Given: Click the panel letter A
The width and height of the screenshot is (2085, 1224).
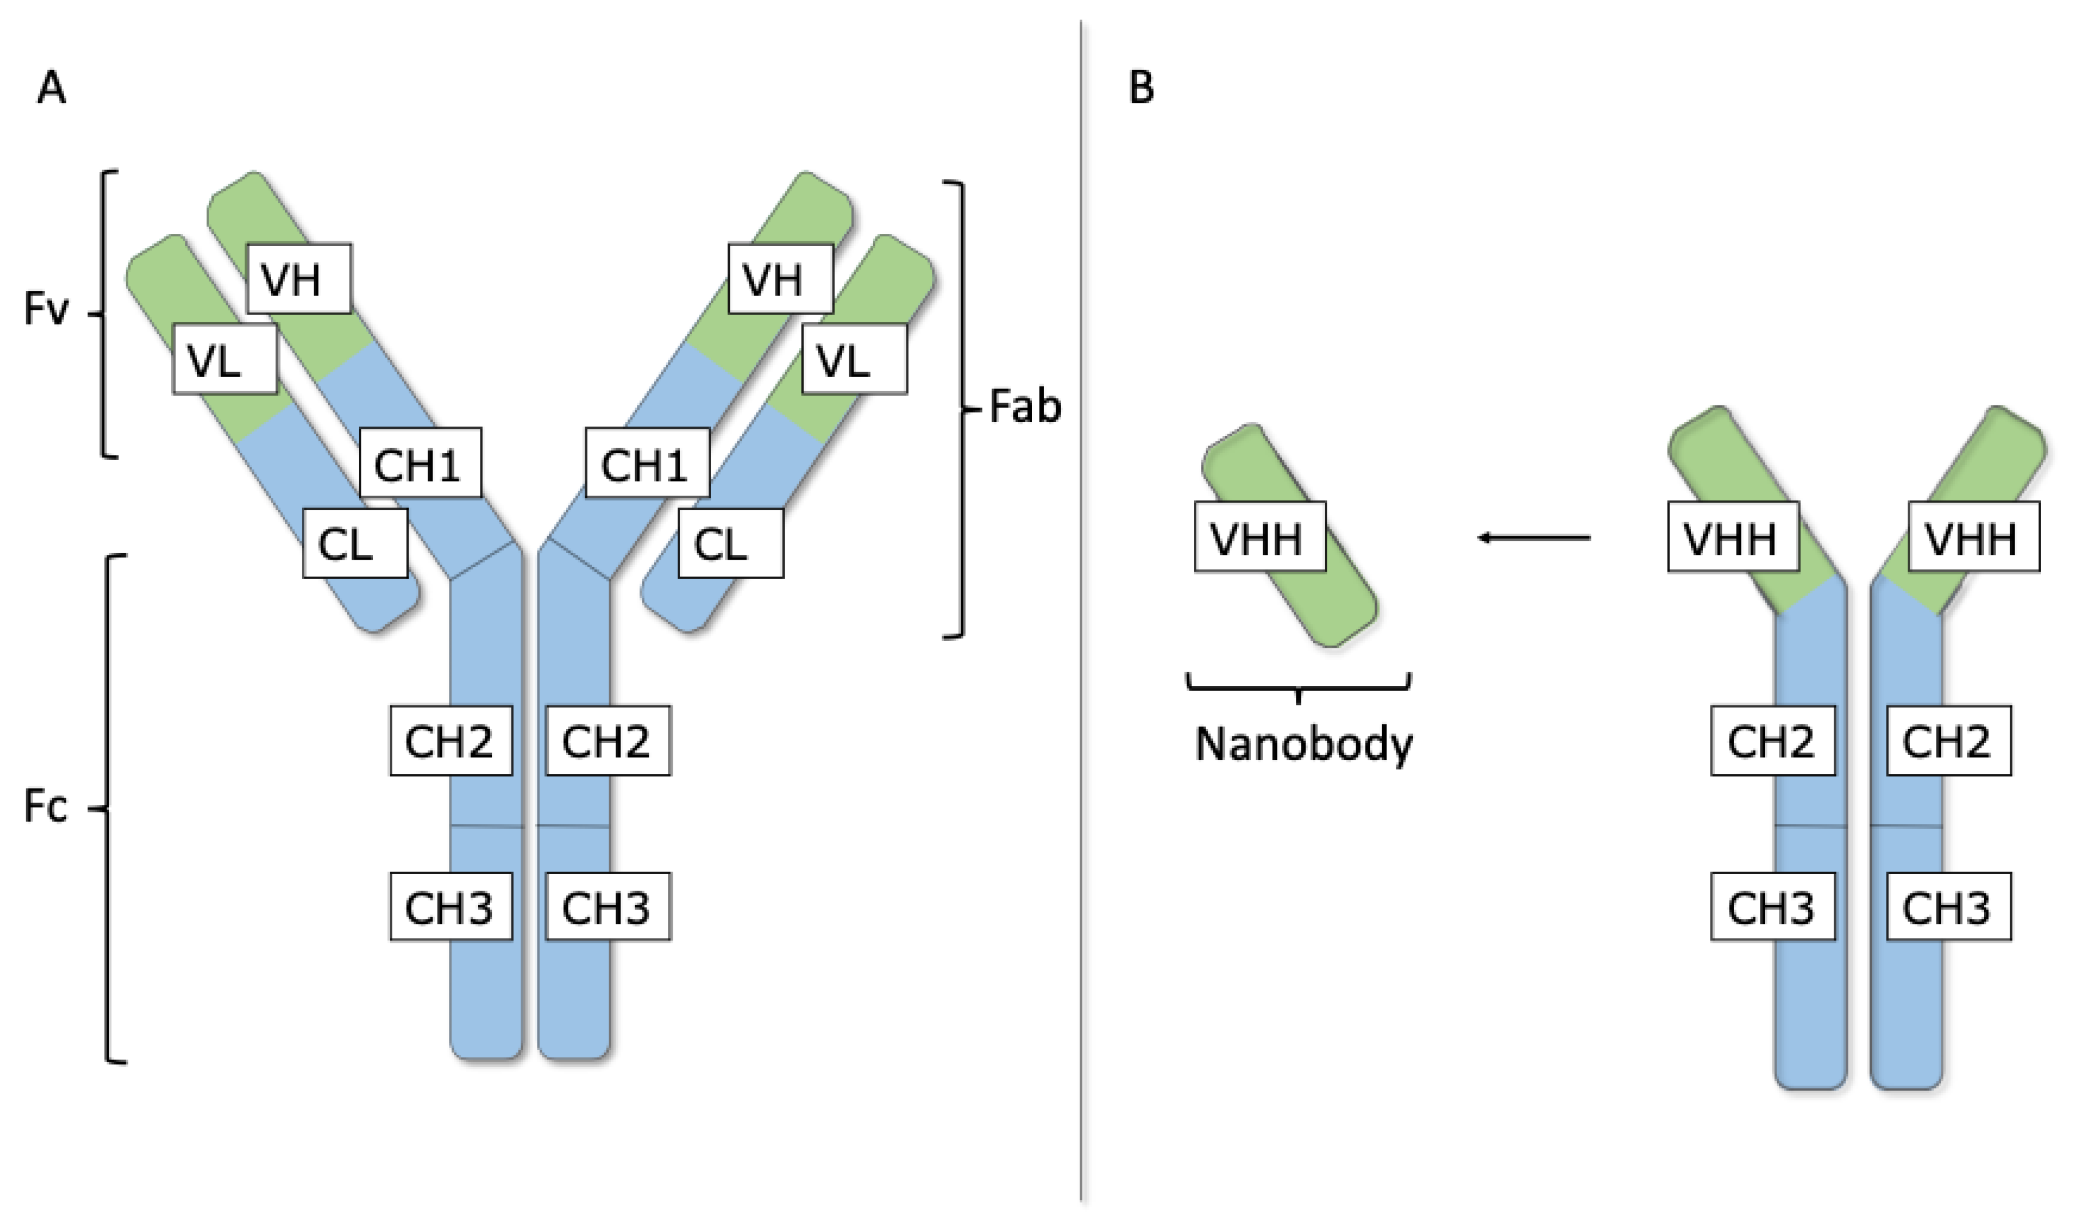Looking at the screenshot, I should [51, 87].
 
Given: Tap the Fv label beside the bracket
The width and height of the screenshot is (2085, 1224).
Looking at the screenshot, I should [46, 309].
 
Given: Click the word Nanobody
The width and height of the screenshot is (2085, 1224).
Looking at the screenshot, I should [1304, 743].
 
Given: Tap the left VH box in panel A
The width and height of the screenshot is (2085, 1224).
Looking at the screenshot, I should [299, 279].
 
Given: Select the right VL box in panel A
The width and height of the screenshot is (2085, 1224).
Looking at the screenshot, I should [854, 359].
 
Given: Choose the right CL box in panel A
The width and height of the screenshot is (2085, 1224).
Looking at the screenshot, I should [730, 543].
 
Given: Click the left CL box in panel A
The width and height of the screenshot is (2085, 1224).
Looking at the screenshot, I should [354, 543].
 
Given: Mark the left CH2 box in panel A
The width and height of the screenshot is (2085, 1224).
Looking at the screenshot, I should [451, 741].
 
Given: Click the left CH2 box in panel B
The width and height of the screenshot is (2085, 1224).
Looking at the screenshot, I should [1772, 741].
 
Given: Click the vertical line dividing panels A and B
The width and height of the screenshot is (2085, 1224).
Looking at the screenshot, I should [1081, 612].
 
